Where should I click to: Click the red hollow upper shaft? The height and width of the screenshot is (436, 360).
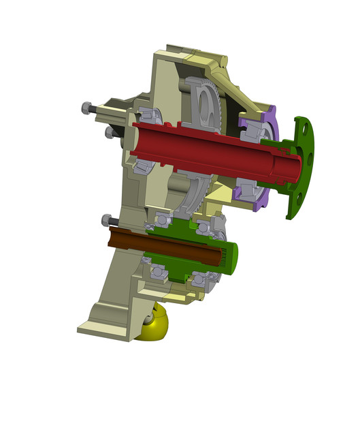204,146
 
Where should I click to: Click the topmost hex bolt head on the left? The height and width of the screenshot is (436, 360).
86,108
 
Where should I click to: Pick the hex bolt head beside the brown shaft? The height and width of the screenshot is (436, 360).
107,220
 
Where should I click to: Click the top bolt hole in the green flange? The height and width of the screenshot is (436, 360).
301,125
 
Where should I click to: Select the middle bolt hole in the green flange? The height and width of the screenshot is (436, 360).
310,158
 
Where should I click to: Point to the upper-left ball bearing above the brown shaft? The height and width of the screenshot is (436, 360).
164,219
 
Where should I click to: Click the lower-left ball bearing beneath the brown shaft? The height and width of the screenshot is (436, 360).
159,272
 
